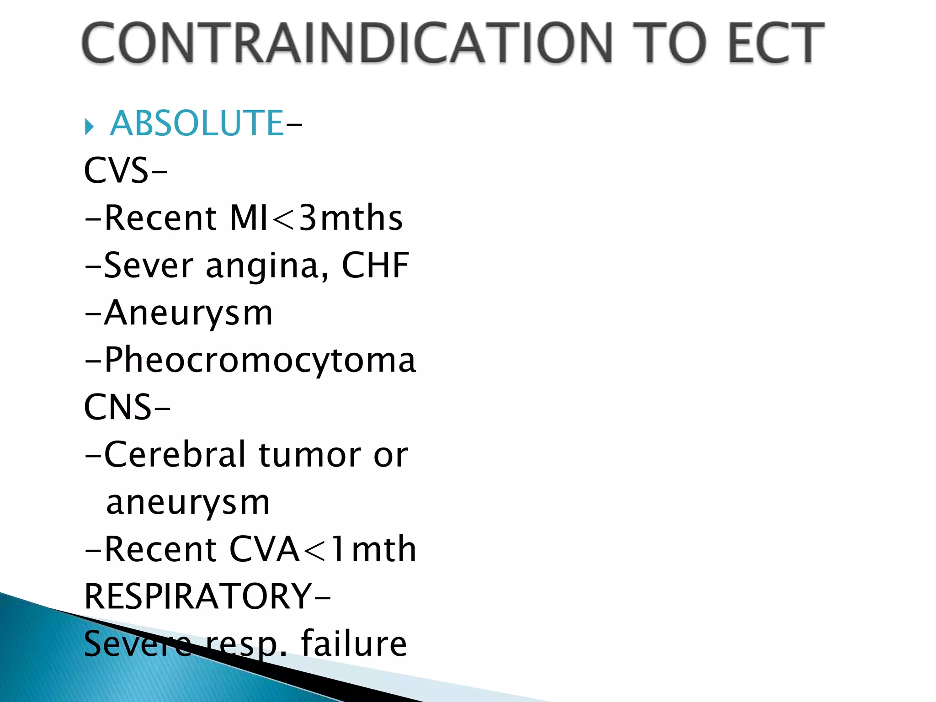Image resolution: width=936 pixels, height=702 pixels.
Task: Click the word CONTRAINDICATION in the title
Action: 347,43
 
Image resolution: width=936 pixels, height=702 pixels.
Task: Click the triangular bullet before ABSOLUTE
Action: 89,127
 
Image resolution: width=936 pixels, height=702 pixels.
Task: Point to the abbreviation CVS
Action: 116,171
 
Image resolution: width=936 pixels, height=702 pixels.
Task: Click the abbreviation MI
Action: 249,218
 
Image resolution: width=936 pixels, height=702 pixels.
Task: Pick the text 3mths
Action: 351,218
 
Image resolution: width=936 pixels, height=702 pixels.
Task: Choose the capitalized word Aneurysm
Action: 188,314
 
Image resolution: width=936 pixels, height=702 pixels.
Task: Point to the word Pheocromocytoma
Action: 260,361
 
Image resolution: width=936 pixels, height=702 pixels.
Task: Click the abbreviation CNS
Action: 117,407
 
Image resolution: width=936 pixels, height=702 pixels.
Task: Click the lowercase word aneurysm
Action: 188,503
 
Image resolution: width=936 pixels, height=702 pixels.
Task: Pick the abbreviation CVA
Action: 264,549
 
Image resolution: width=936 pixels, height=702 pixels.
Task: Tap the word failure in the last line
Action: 354,643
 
